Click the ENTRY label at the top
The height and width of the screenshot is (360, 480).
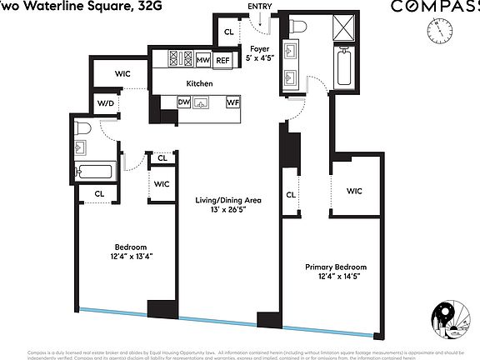[260, 7]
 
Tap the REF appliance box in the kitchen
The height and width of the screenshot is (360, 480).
[222, 60]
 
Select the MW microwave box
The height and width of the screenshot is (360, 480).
[202, 60]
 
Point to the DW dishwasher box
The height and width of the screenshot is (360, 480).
[184, 102]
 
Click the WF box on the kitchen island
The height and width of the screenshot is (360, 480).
[233, 102]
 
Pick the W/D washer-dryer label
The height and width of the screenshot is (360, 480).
[107, 104]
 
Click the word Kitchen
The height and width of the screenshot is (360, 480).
[199, 83]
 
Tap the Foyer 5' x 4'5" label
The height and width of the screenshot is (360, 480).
[260, 54]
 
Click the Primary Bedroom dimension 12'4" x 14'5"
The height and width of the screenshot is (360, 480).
[335, 276]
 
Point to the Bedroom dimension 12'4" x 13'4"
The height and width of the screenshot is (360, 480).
[131, 257]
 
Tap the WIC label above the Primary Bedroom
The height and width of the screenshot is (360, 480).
[354, 191]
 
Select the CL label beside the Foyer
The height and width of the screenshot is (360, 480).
[229, 32]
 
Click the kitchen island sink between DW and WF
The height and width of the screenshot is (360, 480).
[202, 103]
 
